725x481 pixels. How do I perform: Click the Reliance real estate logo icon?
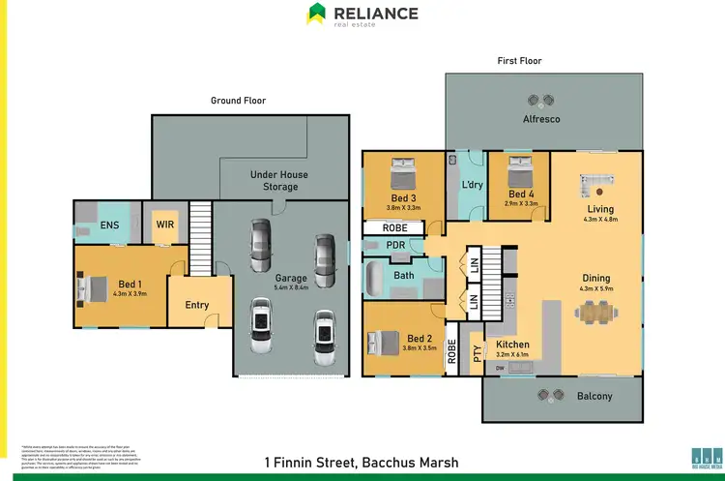tap(316, 14)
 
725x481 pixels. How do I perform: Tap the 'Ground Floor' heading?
tap(238, 101)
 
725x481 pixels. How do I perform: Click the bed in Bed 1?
tap(95, 287)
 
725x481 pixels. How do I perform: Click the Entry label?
tap(196, 306)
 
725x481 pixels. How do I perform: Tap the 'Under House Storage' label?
tap(279, 181)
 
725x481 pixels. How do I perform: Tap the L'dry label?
tap(472, 185)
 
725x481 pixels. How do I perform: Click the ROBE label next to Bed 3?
tap(394, 228)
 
